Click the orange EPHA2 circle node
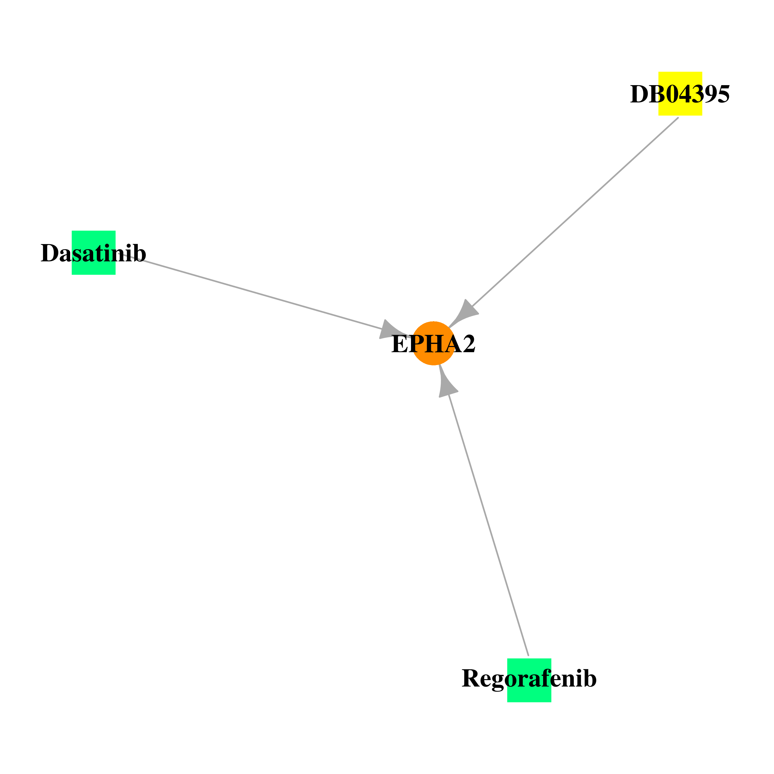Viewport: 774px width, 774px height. (x=433, y=343)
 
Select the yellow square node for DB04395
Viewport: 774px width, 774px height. (x=680, y=94)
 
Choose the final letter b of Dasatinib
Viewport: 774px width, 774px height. (x=139, y=253)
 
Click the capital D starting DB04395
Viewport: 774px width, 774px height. (x=640, y=94)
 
